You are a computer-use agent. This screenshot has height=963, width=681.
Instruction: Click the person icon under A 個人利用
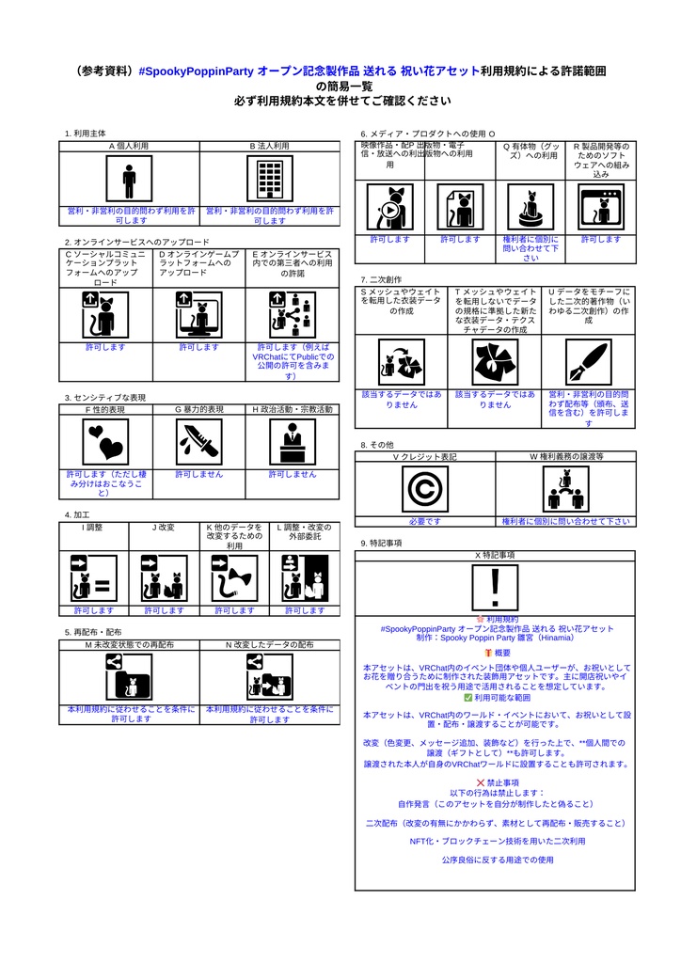[129, 179]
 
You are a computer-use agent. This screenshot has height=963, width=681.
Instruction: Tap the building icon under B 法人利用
[269, 179]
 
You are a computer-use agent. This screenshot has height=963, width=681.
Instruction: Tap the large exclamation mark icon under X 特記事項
[495, 587]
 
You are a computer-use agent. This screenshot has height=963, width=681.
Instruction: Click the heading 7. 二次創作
[381, 279]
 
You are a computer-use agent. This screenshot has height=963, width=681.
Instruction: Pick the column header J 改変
[164, 528]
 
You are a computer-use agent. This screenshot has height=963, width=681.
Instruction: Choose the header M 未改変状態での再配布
[129, 645]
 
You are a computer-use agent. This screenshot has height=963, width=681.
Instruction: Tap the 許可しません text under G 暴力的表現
[198, 474]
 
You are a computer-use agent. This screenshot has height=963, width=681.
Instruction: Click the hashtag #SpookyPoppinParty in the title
[196, 71]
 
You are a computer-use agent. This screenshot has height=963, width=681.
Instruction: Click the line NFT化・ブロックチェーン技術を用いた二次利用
[497, 841]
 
